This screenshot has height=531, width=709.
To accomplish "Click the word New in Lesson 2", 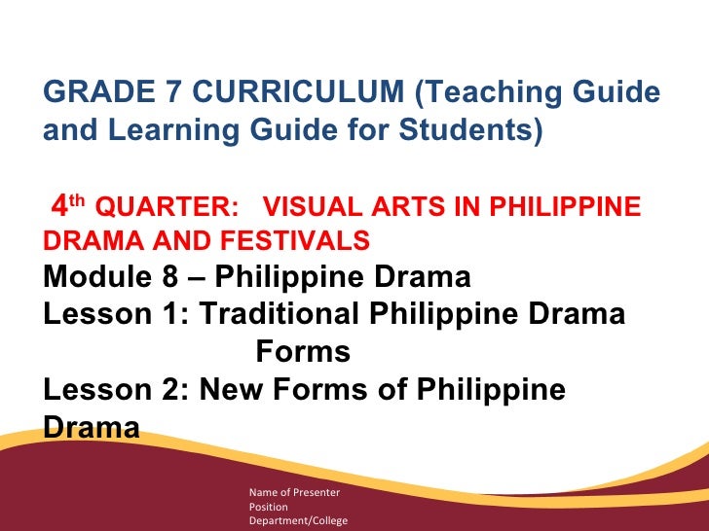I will [x=230, y=390].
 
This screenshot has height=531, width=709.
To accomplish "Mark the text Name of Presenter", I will [x=293, y=492].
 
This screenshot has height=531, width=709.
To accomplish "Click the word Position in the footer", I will [x=269, y=507].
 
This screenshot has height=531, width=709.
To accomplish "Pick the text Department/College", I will [x=298, y=521].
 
